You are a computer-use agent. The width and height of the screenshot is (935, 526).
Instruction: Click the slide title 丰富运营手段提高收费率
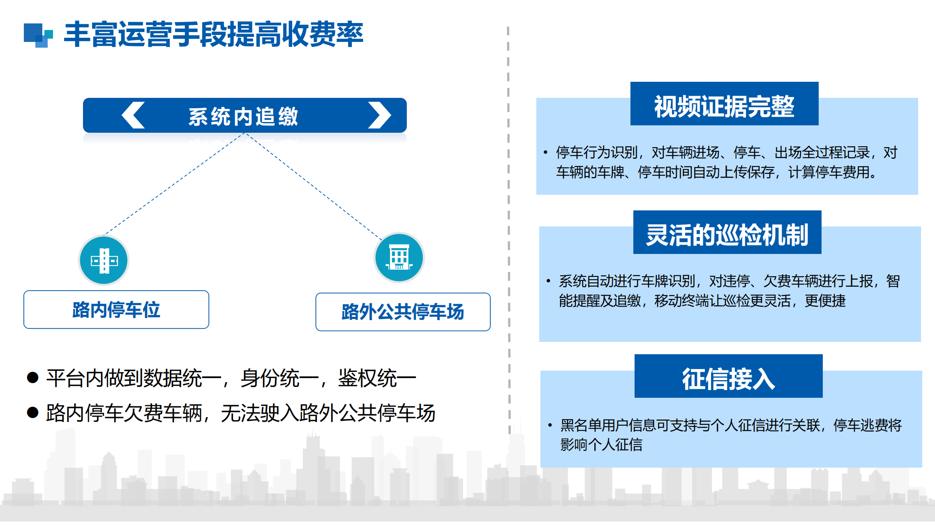point(214,35)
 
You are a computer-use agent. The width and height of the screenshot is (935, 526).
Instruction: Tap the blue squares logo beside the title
point(38,35)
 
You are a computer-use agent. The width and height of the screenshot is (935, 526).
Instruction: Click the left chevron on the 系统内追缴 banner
point(133,115)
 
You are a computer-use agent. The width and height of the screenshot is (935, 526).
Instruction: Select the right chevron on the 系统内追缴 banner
point(379,115)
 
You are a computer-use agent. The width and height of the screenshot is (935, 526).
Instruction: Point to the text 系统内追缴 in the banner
point(243,116)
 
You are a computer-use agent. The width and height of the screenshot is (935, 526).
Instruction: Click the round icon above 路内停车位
point(104,260)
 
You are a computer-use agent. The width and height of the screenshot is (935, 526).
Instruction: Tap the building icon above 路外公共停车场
point(399,258)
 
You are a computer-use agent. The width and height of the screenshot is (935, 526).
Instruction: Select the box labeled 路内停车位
point(116,309)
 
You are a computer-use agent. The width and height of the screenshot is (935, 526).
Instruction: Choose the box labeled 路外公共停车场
point(403,311)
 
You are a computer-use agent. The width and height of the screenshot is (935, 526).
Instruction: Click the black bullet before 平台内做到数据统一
point(32,377)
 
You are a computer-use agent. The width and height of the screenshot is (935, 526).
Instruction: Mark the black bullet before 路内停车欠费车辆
point(32,412)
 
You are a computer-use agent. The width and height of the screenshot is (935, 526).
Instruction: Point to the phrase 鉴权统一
point(377,378)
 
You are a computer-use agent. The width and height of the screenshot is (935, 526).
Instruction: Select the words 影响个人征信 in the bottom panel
point(601,444)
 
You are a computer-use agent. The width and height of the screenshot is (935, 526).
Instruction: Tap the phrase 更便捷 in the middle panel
point(825,300)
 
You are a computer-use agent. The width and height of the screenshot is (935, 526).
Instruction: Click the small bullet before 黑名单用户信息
point(550,425)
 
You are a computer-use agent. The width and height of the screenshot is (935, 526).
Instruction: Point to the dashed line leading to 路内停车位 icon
point(174,184)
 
